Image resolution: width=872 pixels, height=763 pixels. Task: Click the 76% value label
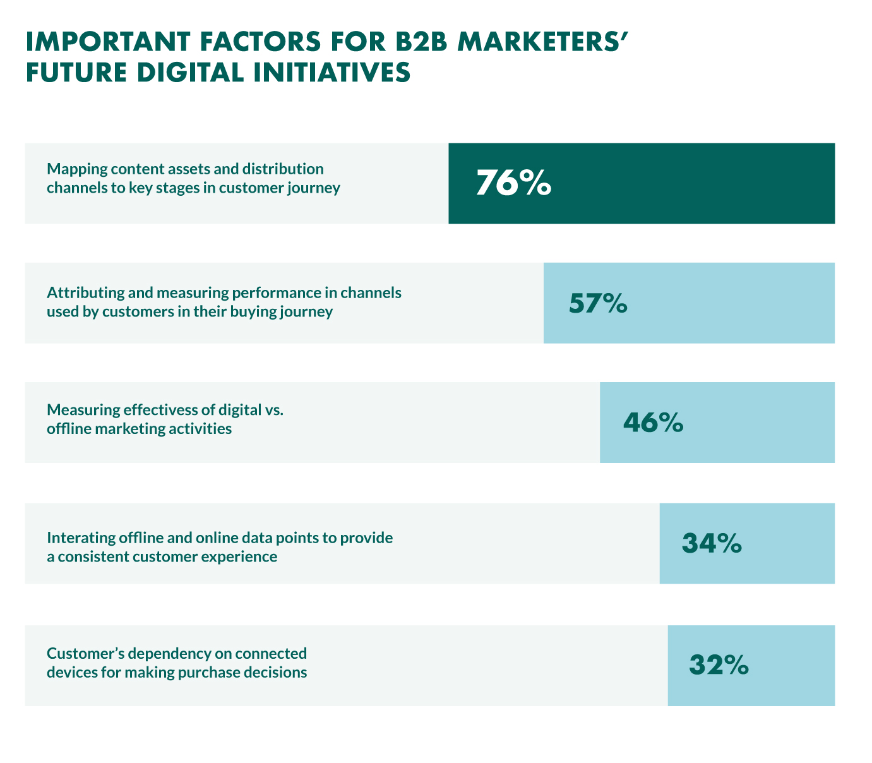pyautogui.click(x=513, y=183)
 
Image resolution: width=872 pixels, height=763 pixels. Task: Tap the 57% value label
pyautogui.click(x=598, y=303)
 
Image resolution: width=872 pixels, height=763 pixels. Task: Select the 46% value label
pyautogui.click(x=653, y=423)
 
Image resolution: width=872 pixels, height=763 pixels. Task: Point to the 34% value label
pyautogui.click(x=712, y=543)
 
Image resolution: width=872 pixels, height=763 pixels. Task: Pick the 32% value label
pyautogui.click(x=719, y=664)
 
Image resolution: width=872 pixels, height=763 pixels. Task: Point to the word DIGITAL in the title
pyautogui.click(x=182, y=72)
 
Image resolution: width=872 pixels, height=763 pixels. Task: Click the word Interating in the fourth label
pyautogui.click(x=80, y=538)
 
